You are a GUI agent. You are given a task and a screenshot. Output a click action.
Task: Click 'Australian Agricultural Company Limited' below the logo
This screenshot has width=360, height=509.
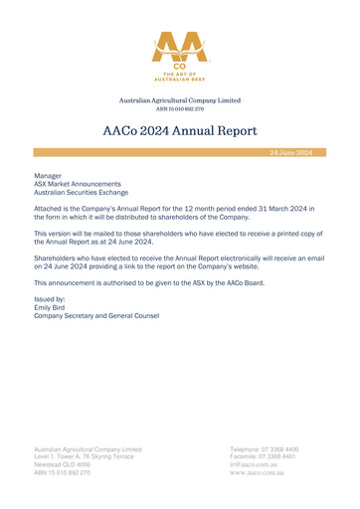(x=180, y=99)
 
